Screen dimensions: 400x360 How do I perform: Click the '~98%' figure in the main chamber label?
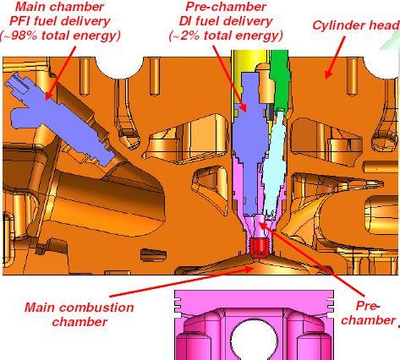coord(19,36)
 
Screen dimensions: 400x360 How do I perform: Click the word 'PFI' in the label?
coord(20,21)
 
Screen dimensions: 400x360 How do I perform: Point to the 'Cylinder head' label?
coord(356,25)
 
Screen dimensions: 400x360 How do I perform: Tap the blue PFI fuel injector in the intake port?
coord(61,119)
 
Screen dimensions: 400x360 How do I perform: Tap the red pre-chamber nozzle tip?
coord(259,247)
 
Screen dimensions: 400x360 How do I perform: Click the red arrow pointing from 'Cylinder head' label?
coord(335,57)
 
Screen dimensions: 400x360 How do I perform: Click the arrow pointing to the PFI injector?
coord(61,73)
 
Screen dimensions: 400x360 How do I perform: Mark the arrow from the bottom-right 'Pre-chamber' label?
coord(312,259)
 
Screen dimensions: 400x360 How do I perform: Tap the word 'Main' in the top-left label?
coord(28,7)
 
